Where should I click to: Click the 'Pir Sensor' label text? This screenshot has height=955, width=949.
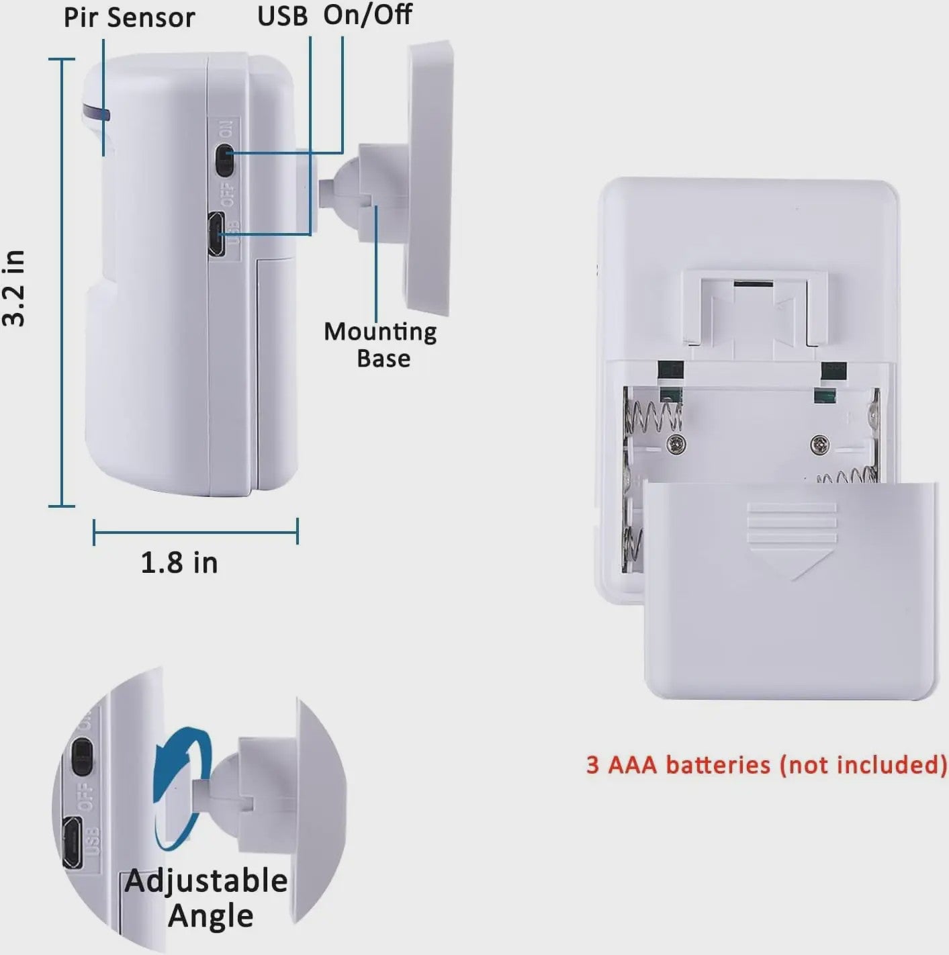pyautogui.click(x=130, y=18)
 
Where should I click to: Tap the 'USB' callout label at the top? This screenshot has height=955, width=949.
pyautogui.click(x=283, y=16)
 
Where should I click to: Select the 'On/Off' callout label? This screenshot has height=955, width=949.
pyautogui.click(x=367, y=14)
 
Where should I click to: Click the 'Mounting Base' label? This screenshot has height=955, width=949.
pyautogui.click(x=380, y=345)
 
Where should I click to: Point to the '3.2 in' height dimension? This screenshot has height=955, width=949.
pyautogui.click(x=13, y=287)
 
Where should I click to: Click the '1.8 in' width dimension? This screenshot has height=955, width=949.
pyautogui.click(x=179, y=563)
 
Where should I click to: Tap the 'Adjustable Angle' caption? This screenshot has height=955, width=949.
pyautogui.click(x=206, y=898)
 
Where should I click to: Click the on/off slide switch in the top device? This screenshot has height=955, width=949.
pyautogui.click(x=224, y=160)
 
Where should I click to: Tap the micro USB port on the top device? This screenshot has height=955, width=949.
pyautogui.click(x=216, y=234)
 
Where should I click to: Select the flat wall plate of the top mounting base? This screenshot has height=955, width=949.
pyautogui.click(x=428, y=179)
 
